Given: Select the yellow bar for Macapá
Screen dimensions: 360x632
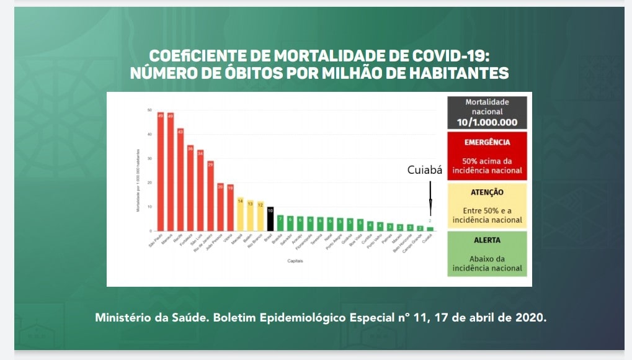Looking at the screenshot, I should (241, 214).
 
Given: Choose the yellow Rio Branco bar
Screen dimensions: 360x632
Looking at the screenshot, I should (260, 216).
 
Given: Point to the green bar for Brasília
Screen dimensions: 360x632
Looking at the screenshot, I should (280, 223).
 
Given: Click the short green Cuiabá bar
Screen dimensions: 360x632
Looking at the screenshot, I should (430, 229).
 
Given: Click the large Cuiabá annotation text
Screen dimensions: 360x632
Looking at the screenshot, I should (424, 170).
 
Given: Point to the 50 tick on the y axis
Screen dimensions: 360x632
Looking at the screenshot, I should (149, 110).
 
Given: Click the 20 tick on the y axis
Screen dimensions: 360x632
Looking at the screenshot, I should (149, 182).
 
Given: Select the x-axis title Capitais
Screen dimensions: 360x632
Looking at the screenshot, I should (295, 261).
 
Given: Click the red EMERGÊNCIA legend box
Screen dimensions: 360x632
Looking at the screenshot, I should (487, 155).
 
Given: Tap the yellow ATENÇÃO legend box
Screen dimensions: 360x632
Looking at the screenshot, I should (487, 205).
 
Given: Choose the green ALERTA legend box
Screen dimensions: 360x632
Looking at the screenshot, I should (487, 254).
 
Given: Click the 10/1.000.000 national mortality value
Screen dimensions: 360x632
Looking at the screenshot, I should (487, 122).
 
